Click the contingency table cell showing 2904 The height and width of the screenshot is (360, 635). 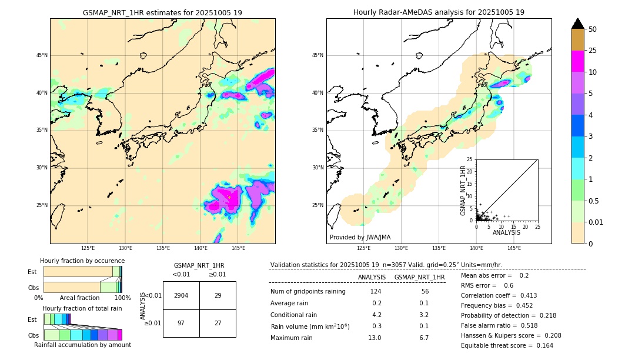(x=181, y=295)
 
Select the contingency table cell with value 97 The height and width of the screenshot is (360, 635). (x=181, y=323)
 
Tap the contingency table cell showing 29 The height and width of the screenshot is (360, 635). (x=218, y=295)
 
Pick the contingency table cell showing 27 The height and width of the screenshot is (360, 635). (x=218, y=323)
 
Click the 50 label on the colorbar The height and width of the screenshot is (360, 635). (x=593, y=29)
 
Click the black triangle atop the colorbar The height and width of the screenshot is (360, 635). (x=578, y=24)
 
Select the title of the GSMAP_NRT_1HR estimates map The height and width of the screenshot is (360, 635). (x=162, y=12)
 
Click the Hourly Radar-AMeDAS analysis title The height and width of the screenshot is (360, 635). (x=439, y=12)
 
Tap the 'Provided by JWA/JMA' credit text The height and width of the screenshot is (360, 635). (x=360, y=237)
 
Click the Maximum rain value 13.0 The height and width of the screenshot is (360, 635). (x=375, y=338)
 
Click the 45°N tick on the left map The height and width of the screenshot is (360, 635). (x=42, y=55)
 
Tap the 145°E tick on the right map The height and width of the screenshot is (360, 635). (x=514, y=248)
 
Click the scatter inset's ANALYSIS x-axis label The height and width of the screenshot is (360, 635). (x=506, y=232)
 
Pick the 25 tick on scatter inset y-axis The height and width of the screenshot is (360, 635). (x=470, y=159)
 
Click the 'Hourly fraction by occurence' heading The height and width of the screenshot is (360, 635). (x=82, y=261)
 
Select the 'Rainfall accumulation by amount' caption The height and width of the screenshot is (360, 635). (x=82, y=345)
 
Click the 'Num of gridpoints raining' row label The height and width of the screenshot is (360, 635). (x=308, y=291)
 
